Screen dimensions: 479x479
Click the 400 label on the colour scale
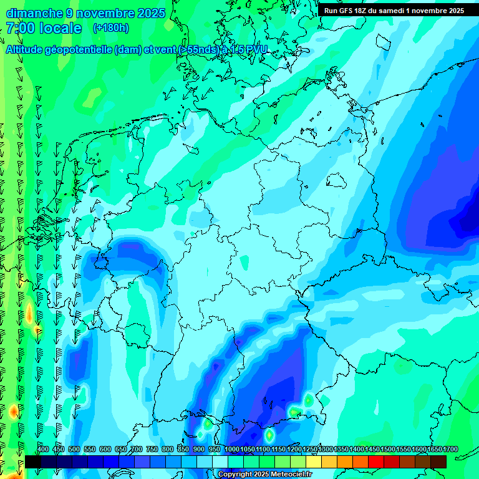[x=43, y=450]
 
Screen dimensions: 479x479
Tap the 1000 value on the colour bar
[x=232, y=450]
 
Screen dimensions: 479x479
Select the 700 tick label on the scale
[x=137, y=450]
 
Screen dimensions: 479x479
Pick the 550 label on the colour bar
[x=90, y=450]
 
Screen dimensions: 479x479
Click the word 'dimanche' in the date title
[x=34, y=13]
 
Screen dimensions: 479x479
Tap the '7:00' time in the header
[x=20, y=28]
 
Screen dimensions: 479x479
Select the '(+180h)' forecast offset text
[x=110, y=28]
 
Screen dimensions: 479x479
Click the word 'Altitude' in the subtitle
[x=27, y=50]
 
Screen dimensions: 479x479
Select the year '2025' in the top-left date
[x=150, y=13]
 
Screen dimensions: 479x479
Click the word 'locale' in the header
[x=60, y=28]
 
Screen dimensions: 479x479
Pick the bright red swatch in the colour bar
[x=376, y=462]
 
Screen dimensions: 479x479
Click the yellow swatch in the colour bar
[x=314, y=462]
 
